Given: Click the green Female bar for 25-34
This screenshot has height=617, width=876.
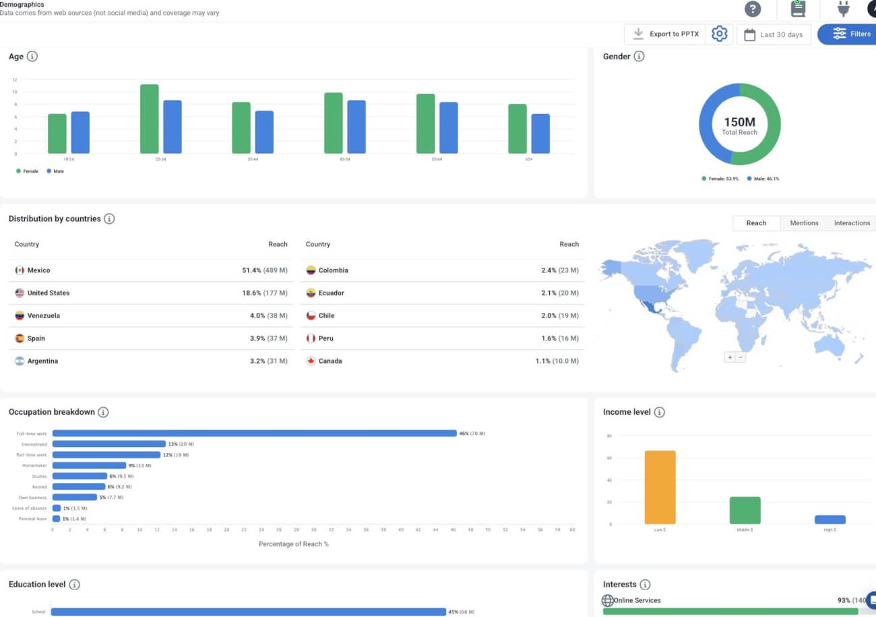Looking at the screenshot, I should (149, 119).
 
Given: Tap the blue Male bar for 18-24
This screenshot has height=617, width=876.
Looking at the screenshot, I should (80, 133).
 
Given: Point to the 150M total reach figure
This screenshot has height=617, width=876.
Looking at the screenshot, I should (739, 123).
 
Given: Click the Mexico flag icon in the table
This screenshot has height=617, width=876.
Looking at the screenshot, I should (20, 270).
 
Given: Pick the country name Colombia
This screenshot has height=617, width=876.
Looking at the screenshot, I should (334, 270).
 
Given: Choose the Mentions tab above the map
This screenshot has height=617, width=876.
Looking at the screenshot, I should (804, 223).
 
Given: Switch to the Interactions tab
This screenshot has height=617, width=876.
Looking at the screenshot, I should (852, 223).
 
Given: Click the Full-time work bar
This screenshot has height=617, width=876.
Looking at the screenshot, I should (254, 434).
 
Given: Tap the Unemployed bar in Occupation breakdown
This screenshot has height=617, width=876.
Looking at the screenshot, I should (109, 444).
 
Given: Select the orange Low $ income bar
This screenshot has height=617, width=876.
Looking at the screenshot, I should (660, 487).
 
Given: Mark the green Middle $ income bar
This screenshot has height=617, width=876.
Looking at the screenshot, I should (745, 510).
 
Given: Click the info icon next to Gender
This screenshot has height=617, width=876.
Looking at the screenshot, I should (639, 57).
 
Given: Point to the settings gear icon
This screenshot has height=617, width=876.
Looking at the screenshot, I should (720, 34).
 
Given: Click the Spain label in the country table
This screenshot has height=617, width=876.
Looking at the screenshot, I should (36, 339).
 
